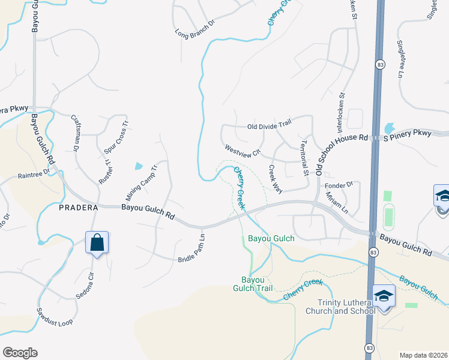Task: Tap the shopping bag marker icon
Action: (x=97, y=243)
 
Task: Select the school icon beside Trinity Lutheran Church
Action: (x=384, y=296)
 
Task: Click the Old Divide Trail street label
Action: (x=269, y=127)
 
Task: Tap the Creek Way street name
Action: (x=275, y=179)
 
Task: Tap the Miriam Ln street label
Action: (x=336, y=202)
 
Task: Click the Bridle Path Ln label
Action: (x=192, y=248)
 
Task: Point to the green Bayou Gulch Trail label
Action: (x=257, y=284)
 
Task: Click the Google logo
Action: (x=20, y=353)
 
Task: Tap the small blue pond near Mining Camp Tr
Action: (x=139, y=166)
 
